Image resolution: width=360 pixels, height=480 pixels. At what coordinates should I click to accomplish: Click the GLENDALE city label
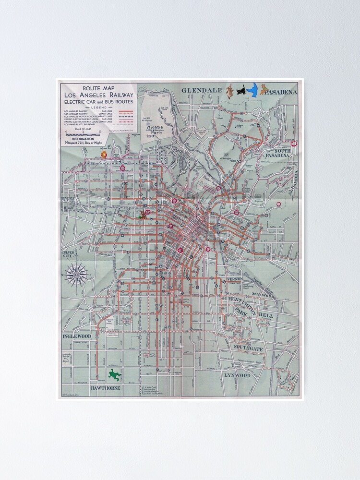click(x=202, y=90)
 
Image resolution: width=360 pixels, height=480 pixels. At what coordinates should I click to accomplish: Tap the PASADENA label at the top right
click(x=281, y=91)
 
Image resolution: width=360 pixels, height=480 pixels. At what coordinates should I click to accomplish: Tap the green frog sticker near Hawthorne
click(x=114, y=375)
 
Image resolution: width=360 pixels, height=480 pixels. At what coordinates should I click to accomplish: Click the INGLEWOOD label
click(x=77, y=336)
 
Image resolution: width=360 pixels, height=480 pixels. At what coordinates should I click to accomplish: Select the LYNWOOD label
click(x=237, y=375)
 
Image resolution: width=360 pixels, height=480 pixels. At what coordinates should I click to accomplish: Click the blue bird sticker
click(x=252, y=90)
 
